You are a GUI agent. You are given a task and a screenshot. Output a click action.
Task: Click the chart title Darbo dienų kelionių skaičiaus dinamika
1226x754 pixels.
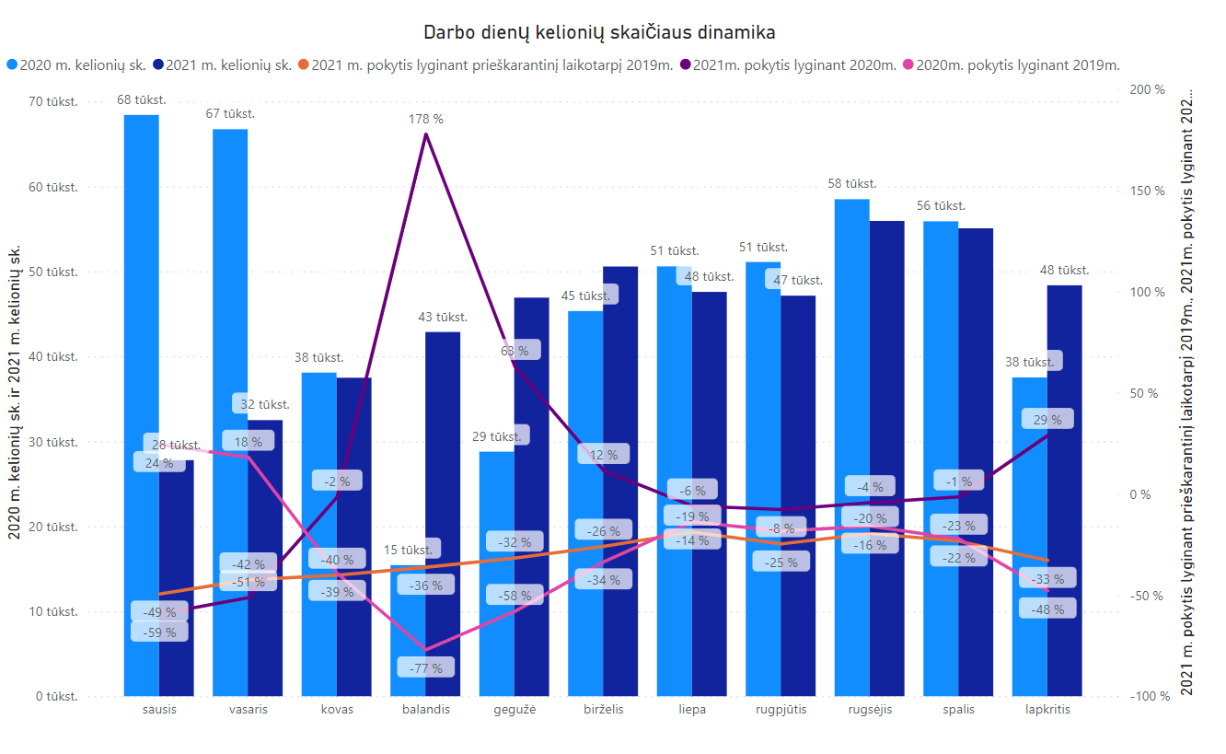click(599, 32)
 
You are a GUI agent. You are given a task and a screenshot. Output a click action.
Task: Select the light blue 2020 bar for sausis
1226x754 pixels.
click(142, 405)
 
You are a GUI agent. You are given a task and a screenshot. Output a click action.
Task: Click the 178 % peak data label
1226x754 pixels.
click(426, 119)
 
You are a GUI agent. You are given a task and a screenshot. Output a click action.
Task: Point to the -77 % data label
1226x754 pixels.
click(426, 668)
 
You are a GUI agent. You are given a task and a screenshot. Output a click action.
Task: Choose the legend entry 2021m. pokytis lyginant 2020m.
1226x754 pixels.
click(793, 64)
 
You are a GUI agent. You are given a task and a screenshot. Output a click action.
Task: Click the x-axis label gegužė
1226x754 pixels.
click(515, 710)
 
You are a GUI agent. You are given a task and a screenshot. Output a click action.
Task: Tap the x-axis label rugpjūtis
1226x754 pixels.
click(781, 710)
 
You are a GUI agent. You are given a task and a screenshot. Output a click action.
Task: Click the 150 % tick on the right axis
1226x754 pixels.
click(1147, 191)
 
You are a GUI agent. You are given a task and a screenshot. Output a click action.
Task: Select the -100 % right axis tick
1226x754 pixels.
click(1144, 696)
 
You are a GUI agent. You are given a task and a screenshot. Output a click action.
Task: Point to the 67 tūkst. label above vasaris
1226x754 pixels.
click(230, 113)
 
